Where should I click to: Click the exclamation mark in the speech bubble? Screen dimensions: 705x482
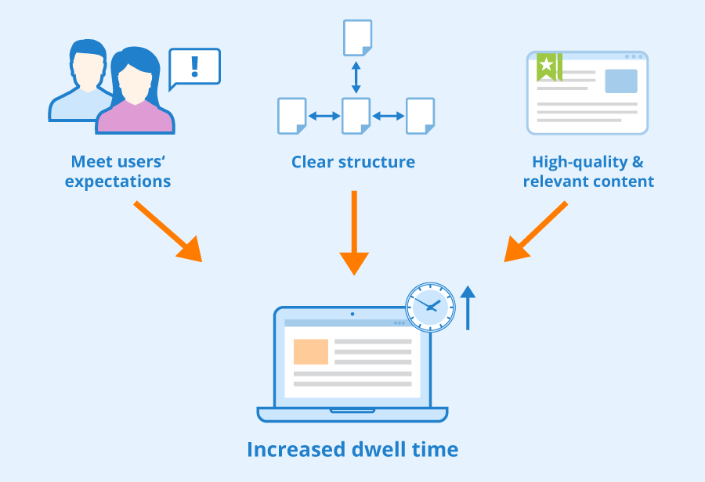click(x=195, y=67)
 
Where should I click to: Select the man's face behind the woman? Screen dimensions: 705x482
click(x=88, y=70)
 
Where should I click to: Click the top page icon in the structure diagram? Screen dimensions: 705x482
click(x=357, y=38)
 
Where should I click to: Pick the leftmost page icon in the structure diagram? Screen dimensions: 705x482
click(x=292, y=116)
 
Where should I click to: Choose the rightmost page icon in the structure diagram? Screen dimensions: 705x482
click(x=420, y=116)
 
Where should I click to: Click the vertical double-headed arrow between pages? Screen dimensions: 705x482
click(x=356, y=77)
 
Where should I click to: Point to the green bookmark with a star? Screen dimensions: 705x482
click(x=549, y=67)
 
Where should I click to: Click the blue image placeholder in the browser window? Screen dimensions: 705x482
click(x=621, y=81)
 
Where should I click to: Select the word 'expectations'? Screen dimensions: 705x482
click(x=117, y=182)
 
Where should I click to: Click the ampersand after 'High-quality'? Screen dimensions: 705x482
click(x=638, y=162)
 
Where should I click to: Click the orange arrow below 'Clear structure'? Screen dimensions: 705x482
click(x=354, y=232)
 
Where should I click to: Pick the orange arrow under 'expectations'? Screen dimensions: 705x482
click(x=168, y=232)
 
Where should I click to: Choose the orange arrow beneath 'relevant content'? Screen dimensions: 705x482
click(x=536, y=232)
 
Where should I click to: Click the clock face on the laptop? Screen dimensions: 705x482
click(x=430, y=308)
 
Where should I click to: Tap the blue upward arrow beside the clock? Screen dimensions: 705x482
click(x=468, y=308)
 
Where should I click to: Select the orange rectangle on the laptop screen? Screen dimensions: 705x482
click(x=311, y=352)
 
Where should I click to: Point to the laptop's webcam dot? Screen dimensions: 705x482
click(x=352, y=314)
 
